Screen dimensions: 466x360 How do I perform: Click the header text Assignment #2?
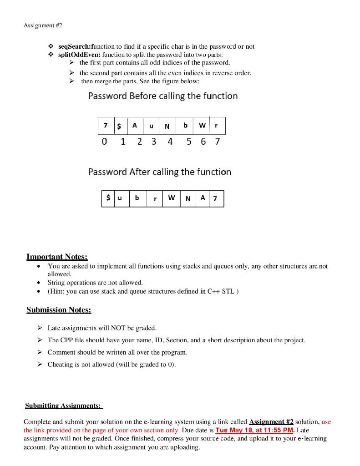(x=43, y=25)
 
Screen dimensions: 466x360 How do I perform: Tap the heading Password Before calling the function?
(x=163, y=96)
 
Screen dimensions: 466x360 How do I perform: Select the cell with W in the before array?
(x=202, y=126)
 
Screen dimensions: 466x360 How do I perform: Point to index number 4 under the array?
(x=170, y=142)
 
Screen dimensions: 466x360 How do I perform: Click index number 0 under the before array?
(x=105, y=142)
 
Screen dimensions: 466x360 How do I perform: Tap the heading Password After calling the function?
(x=160, y=172)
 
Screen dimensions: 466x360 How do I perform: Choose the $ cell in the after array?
(x=108, y=198)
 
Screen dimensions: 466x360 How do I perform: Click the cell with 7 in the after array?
(x=215, y=199)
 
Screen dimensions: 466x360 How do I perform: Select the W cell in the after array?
(x=171, y=198)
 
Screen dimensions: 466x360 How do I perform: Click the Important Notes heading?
(x=57, y=257)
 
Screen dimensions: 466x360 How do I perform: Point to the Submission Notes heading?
(x=59, y=310)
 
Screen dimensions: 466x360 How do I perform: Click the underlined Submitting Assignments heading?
(x=63, y=405)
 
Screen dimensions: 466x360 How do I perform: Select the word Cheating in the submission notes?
(x=60, y=364)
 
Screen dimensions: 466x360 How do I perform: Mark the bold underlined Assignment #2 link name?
(x=271, y=422)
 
